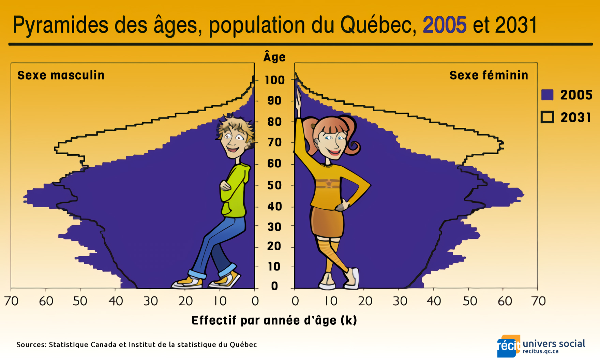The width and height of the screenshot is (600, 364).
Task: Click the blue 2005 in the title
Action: click(444, 25)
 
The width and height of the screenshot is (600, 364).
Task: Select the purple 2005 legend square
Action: click(547, 95)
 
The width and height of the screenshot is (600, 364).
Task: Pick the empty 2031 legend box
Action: click(547, 117)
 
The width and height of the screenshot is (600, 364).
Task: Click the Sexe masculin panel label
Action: click(61, 75)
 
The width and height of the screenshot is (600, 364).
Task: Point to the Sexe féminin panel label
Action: click(489, 75)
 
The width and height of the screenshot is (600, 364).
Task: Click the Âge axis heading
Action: click(274, 57)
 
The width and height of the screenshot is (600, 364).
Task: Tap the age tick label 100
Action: click(275, 80)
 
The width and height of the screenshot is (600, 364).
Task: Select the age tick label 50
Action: click(275, 185)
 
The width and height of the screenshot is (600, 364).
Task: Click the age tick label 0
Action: click(274, 286)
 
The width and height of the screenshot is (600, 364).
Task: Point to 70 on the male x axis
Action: click(11, 301)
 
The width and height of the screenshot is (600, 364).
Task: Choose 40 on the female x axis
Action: click(434, 301)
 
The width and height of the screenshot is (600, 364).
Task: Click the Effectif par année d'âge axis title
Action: click(274, 320)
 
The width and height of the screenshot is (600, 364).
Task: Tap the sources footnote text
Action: click(136, 345)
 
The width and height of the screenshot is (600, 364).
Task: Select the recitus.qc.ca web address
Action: click(540, 351)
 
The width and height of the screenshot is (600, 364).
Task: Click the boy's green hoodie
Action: click(235, 191)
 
